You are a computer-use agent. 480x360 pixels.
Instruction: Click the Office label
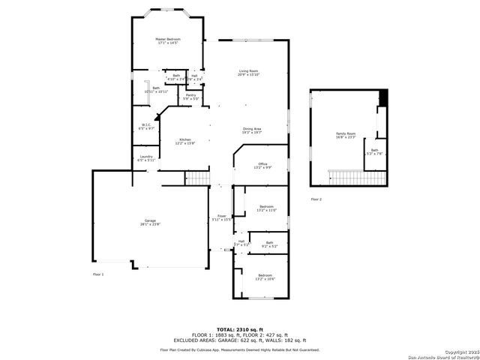coord(262,165)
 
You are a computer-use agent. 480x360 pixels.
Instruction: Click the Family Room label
coord(345,135)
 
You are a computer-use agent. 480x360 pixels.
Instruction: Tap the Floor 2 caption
coord(316,199)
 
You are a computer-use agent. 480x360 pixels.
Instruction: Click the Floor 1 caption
coord(98,274)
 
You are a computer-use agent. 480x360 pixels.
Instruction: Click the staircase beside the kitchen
coord(196,177)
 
